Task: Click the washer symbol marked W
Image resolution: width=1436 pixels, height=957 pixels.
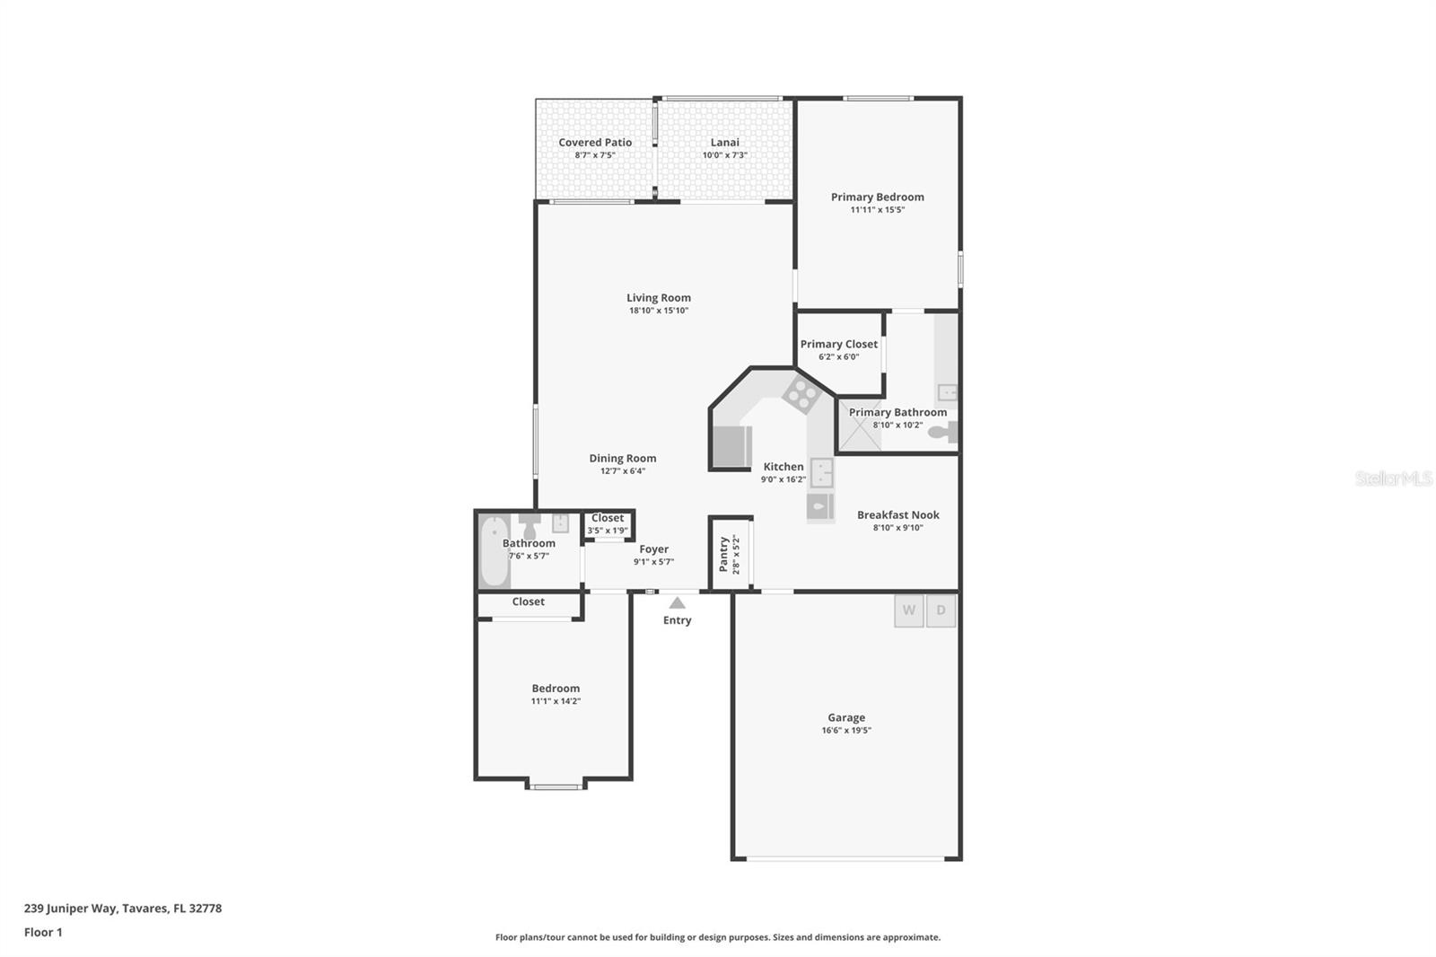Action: tap(908, 611)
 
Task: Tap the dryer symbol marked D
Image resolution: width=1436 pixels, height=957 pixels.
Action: tap(941, 611)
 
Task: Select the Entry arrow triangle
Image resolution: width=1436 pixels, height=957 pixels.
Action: tap(678, 603)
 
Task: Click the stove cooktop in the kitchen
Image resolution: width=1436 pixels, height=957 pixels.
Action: tap(800, 394)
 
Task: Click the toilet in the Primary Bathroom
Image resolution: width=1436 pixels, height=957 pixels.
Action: tap(941, 433)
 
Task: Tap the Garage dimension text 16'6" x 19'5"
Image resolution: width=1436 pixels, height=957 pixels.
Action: tap(846, 731)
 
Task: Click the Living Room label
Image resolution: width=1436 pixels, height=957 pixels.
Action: tap(659, 298)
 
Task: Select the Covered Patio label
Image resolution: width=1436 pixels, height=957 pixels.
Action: tap(595, 143)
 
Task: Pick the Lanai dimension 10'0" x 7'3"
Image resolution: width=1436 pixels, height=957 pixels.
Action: tap(724, 155)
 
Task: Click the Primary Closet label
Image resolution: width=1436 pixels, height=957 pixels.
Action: tap(839, 345)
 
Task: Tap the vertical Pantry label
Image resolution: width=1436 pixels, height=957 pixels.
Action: tap(724, 554)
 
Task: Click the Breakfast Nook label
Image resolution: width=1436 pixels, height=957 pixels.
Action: tap(897, 515)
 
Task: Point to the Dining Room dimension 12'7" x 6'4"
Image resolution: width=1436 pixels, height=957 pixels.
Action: tap(623, 471)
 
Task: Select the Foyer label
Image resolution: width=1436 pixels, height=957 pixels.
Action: tap(653, 549)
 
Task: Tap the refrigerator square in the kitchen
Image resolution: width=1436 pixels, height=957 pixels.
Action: tap(731, 446)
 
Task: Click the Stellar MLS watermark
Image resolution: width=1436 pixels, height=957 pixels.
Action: tap(1393, 478)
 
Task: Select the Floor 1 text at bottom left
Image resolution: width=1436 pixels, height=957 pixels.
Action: tap(43, 932)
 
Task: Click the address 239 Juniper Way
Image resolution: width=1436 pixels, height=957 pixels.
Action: tap(123, 909)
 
